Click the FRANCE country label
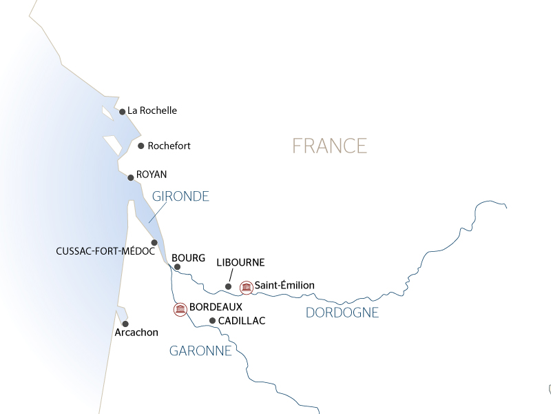point(329,146)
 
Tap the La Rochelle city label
point(152,110)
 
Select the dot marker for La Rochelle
point(122,111)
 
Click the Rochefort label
point(169,146)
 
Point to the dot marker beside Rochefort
point(141,146)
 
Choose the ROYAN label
point(152,175)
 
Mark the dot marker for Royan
point(131,177)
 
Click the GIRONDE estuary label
point(180,197)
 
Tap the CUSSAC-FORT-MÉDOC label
point(105,252)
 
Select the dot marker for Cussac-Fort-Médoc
point(154,242)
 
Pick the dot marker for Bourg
point(177,266)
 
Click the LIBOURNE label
point(240,263)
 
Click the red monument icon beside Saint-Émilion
point(246,286)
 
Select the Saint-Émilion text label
point(284,285)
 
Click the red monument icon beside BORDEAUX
point(180,309)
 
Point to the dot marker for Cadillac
point(212,320)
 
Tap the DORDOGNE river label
point(342,313)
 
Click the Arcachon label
point(136,333)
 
